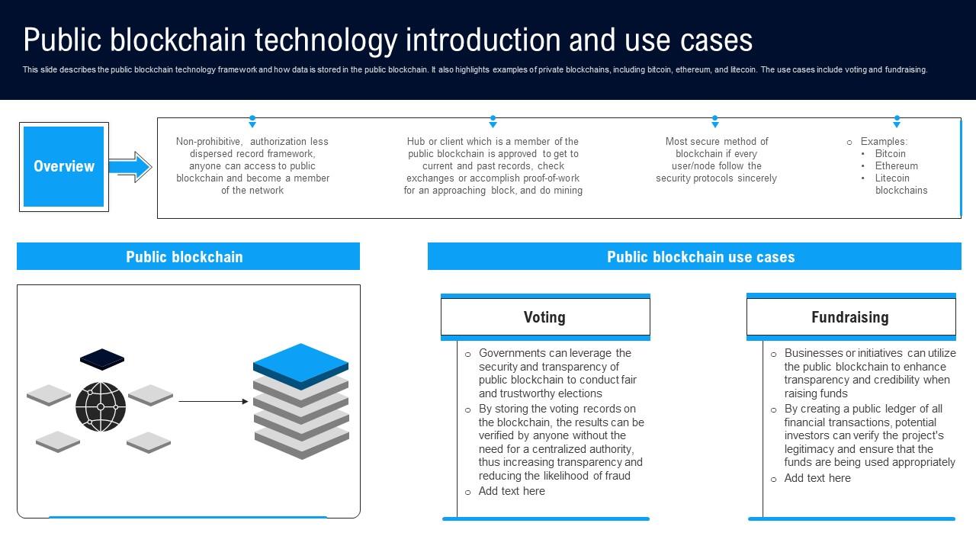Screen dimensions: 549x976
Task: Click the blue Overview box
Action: coord(64,166)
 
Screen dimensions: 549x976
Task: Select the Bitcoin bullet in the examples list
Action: coord(890,153)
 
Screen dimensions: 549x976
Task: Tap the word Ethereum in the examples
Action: coord(896,165)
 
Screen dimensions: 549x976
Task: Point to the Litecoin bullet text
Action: coord(892,178)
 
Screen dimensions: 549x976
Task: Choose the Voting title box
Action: coord(545,317)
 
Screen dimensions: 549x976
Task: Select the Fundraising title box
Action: coord(850,317)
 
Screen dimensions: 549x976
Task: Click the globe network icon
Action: coord(101,406)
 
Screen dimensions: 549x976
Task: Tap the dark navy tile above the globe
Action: coord(102,358)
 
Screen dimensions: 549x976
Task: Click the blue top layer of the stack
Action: coord(300,362)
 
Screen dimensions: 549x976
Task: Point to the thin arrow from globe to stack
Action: coord(213,401)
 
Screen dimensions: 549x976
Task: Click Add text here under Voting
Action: coord(512,491)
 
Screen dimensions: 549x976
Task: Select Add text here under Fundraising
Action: coord(817,478)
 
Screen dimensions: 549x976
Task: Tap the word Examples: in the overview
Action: coord(884,141)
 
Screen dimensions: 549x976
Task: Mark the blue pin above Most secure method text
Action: coord(715,122)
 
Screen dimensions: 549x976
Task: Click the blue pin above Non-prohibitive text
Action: coord(252,122)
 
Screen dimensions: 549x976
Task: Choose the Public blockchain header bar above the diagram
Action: coord(188,257)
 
